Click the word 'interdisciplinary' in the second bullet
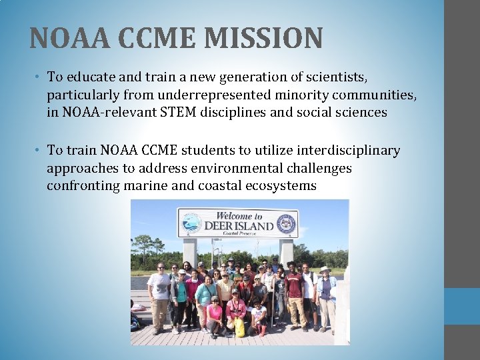(x=341, y=151)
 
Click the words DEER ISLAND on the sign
(x=238, y=226)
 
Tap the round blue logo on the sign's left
(x=191, y=223)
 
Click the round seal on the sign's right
(x=286, y=223)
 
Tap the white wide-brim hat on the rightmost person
(x=325, y=269)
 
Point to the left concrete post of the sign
(x=190, y=252)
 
